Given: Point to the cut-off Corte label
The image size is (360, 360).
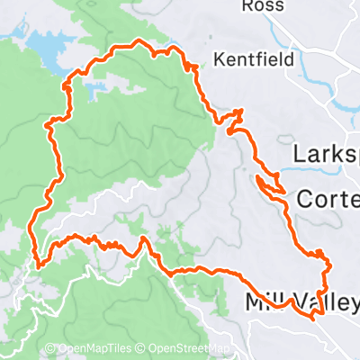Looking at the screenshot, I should [328, 198].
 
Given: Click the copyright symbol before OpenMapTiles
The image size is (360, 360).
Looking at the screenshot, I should [50, 349].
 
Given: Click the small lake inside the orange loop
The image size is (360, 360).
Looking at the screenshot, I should [95, 89].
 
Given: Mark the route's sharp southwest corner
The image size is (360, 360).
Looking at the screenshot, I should [39, 265].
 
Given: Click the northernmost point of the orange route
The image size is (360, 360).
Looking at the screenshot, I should [137, 41].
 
